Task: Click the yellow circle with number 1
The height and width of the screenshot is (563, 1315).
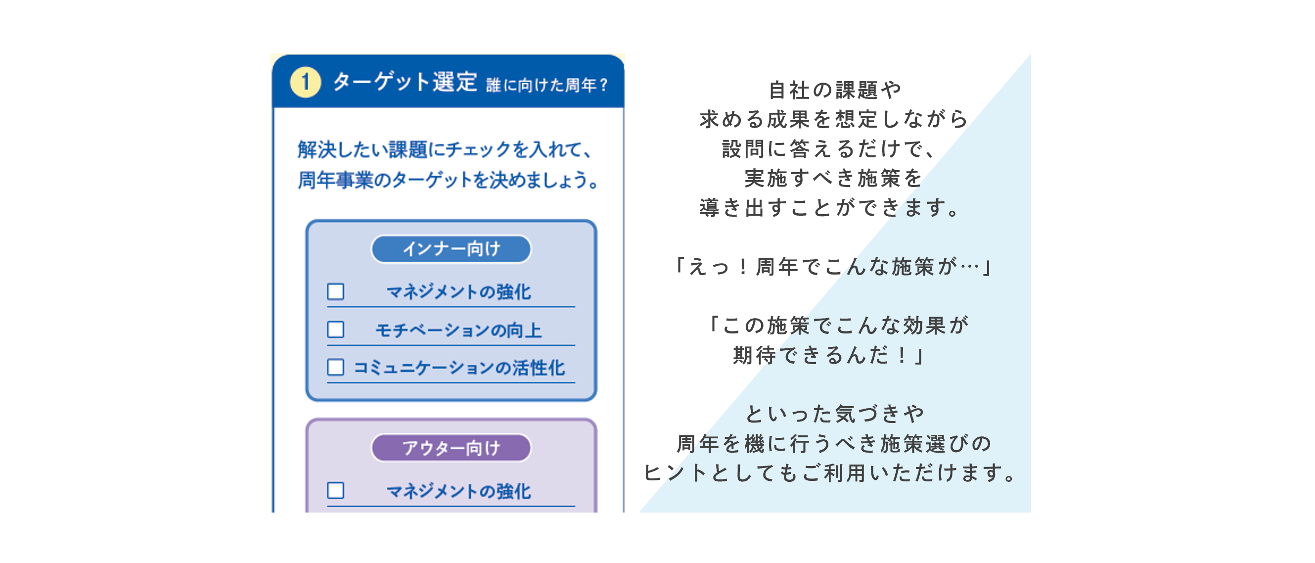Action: click(x=305, y=82)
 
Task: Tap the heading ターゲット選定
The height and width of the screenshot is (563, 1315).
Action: click(x=405, y=82)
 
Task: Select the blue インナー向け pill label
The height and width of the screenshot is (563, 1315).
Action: click(x=451, y=249)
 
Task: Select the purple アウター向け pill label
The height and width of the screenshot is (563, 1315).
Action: click(x=451, y=448)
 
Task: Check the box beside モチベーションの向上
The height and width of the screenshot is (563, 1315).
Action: click(x=335, y=329)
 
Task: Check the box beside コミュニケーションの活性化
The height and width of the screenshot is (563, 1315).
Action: click(x=335, y=367)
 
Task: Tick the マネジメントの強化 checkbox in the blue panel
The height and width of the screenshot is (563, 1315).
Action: click(x=335, y=292)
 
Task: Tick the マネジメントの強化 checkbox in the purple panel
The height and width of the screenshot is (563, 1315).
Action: click(x=335, y=490)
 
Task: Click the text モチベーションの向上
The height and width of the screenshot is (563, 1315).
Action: click(x=458, y=330)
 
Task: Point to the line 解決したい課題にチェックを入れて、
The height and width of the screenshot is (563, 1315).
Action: click(x=445, y=150)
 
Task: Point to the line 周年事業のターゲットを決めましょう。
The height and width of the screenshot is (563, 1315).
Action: click(x=448, y=180)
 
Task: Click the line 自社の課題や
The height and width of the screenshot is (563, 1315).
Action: click(x=835, y=91)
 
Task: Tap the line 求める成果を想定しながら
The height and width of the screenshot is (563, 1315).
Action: click(x=834, y=120)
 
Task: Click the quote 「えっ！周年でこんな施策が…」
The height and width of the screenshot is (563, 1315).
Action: click(x=833, y=267)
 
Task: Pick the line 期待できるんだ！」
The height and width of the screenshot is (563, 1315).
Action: click(x=829, y=355)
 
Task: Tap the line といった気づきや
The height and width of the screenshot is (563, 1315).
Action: click(x=835, y=414)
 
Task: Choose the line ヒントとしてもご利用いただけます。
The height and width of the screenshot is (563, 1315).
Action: click(x=830, y=473)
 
